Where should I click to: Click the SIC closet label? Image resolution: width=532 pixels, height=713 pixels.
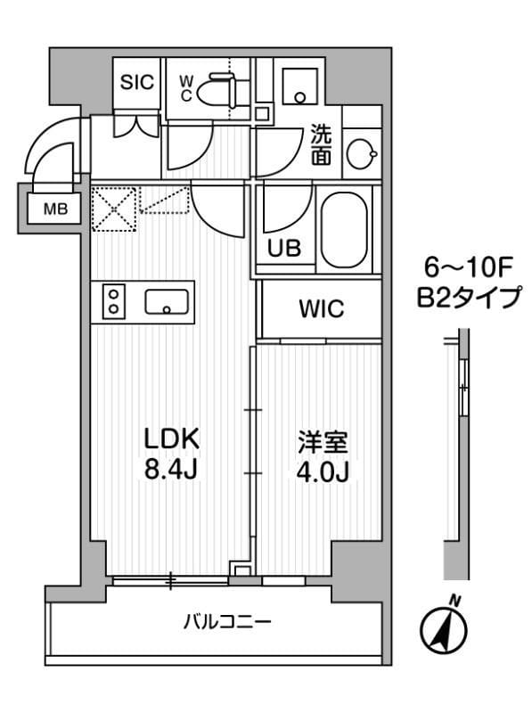(x=137, y=82)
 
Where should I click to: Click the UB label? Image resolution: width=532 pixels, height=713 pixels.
(x=284, y=249)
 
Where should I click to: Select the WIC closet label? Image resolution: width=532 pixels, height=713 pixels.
(x=321, y=309)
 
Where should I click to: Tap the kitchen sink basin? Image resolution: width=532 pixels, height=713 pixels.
(x=168, y=303)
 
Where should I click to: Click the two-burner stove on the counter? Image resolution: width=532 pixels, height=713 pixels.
(x=114, y=300)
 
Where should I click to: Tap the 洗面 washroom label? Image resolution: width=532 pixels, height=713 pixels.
(x=322, y=145)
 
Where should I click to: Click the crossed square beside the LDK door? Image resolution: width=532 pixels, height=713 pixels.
(x=113, y=208)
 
